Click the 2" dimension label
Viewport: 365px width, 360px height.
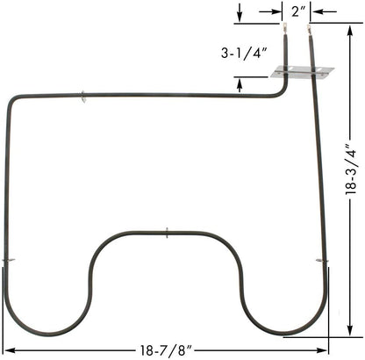click(297, 11)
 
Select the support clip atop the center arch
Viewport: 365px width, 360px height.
click(168, 233)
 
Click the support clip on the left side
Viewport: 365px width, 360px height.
click(8, 261)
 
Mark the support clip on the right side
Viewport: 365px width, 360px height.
click(323, 262)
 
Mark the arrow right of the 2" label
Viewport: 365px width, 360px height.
click(317, 11)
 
